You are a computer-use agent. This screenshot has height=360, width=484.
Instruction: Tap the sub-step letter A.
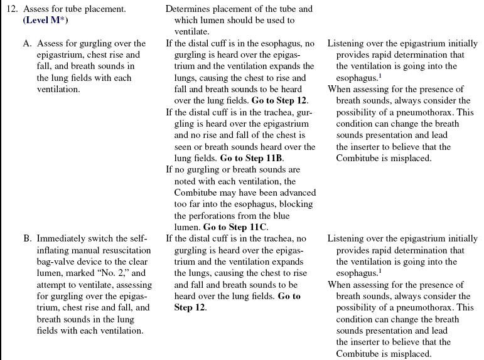click(x=27, y=44)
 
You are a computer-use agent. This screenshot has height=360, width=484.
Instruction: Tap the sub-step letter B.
click(x=27, y=239)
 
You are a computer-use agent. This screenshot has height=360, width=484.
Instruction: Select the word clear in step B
click(x=134, y=262)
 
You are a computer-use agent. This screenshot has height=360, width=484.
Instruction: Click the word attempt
click(x=51, y=285)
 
